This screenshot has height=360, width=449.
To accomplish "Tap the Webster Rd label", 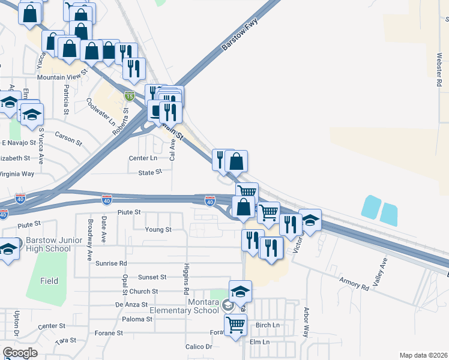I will (x=439, y=71).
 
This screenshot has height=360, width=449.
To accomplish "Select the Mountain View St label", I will (x=62, y=77).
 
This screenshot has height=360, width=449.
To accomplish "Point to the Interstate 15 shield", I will (x=130, y=95).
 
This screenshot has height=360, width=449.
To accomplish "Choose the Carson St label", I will (x=68, y=138).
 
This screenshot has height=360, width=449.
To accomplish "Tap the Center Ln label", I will (x=143, y=158).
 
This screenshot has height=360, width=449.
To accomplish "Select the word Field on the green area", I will (x=49, y=280).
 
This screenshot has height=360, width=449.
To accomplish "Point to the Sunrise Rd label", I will (x=115, y=263).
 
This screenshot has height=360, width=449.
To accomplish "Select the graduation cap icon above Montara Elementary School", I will (x=240, y=292).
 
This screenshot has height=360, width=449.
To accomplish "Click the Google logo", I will (x=20, y=353).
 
